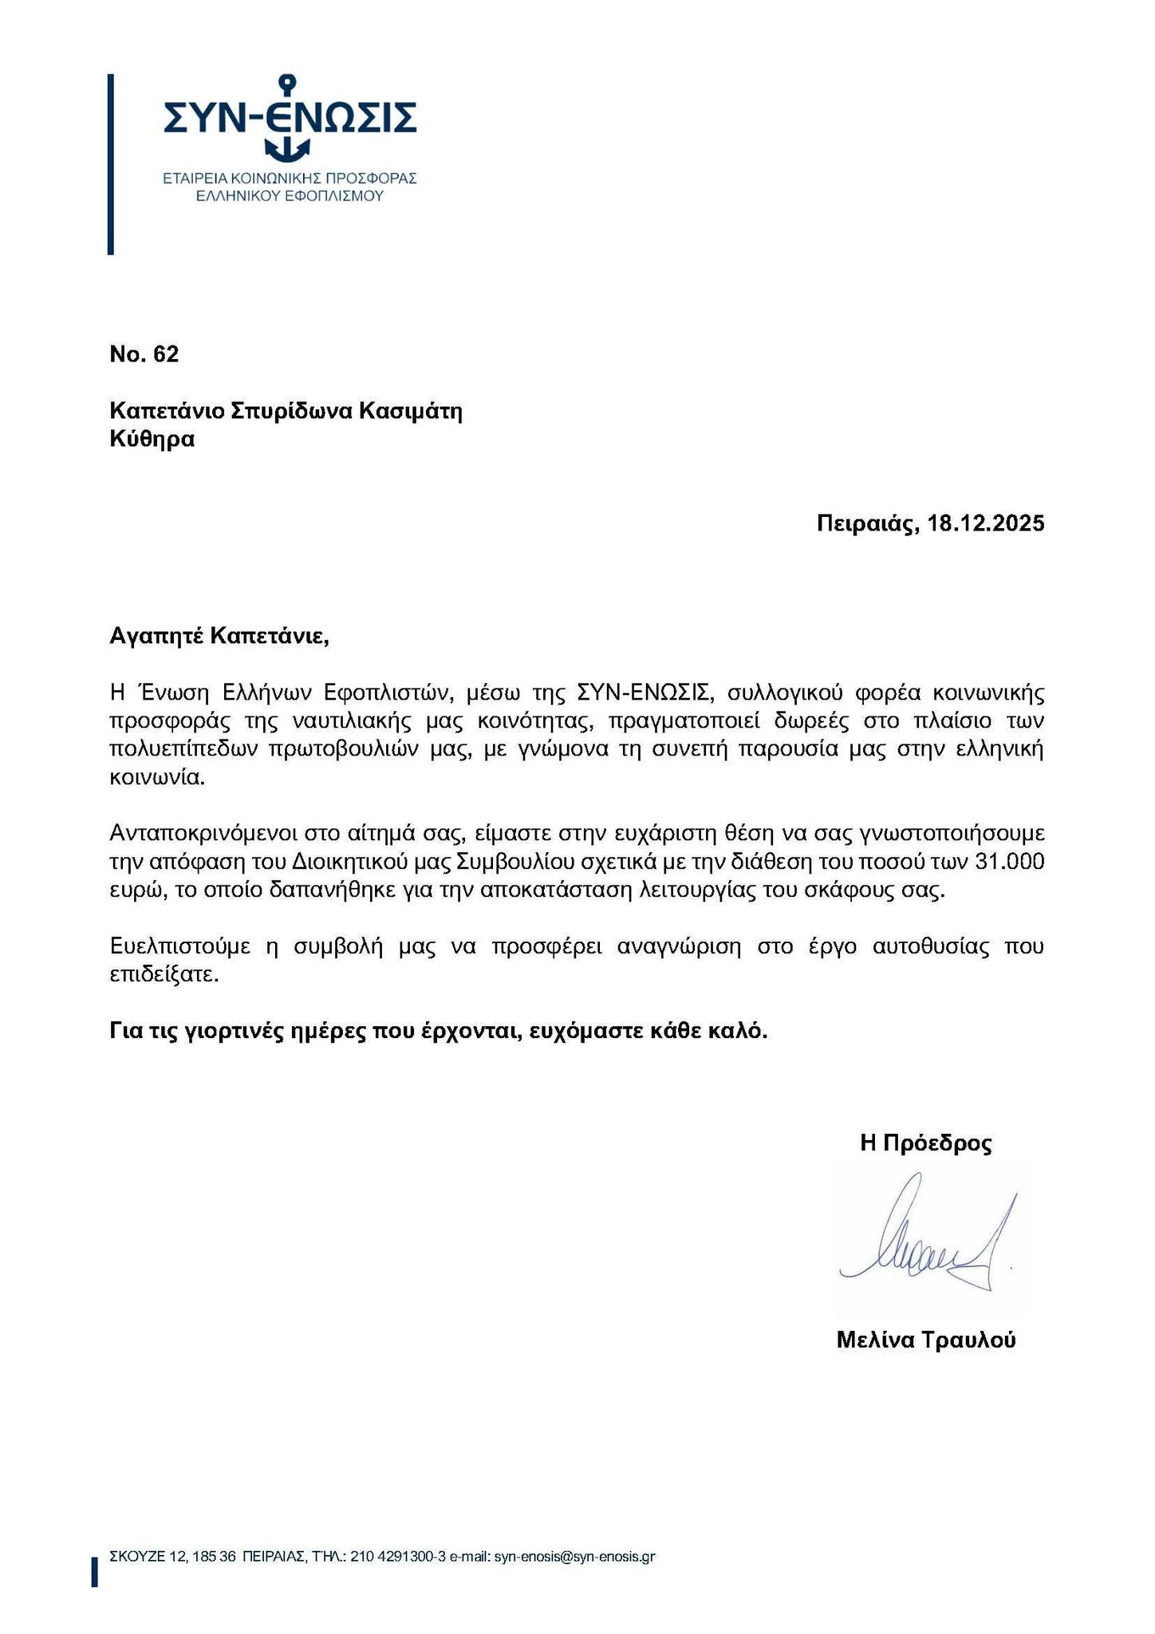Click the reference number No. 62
[x=144, y=355]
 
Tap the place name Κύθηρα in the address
[x=152, y=440]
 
